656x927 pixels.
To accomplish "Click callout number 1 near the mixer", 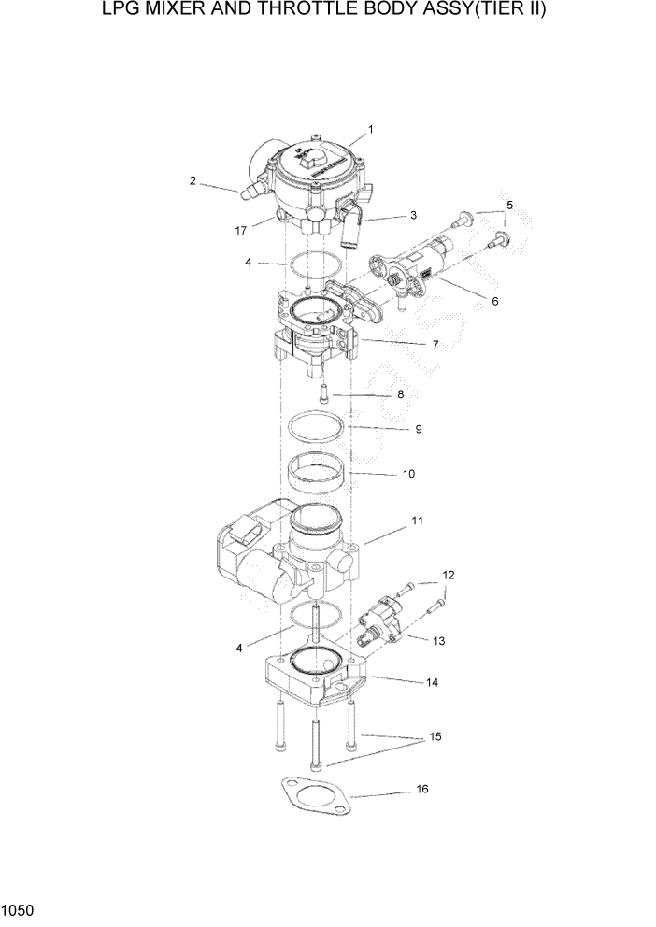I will tap(370, 129).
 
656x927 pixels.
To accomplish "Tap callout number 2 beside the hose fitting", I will tap(193, 180).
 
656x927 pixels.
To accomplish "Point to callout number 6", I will tap(494, 302).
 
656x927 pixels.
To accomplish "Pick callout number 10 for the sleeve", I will tap(408, 474).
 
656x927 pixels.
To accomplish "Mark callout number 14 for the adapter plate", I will tap(431, 683).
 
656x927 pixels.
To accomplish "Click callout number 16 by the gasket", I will tap(421, 790).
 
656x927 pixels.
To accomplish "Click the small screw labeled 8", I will tap(324, 392).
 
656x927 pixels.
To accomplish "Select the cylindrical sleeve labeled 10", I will tap(316, 475).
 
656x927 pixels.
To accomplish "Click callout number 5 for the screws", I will tap(509, 205).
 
